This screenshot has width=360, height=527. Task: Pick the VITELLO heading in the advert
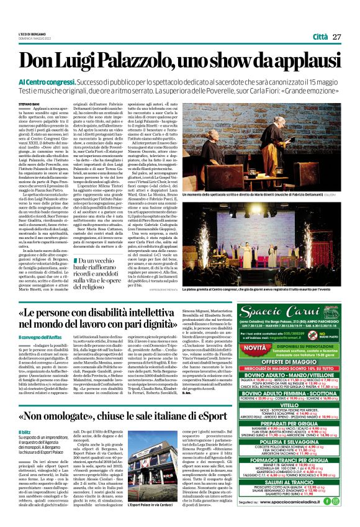(286, 387)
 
